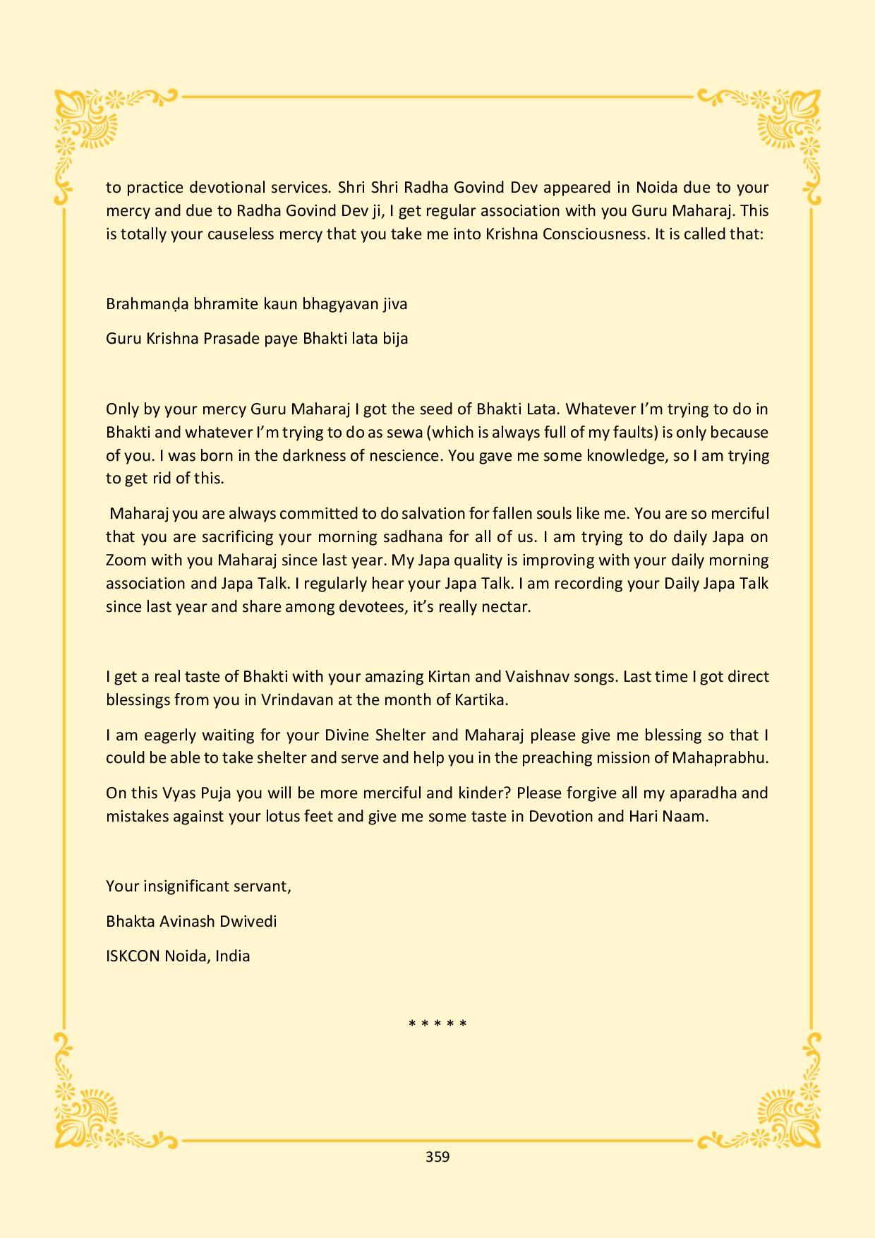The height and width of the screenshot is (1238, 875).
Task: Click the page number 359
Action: click(x=437, y=1157)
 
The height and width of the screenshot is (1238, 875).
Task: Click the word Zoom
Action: click(x=126, y=560)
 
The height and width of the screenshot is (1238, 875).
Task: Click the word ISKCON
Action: click(x=133, y=956)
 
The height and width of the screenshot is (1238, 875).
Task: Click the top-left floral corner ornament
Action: click(x=88, y=127)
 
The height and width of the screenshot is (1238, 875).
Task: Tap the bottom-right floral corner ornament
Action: click(x=787, y=1108)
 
